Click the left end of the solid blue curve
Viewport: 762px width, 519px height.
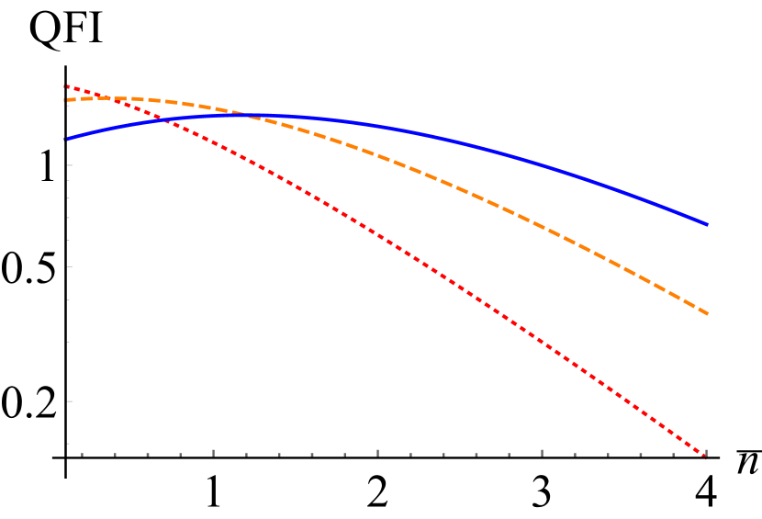click(x=67, y=139)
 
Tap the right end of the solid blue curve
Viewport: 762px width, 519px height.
click(x=707, y=223)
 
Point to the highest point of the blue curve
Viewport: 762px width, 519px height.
click(x=257, y=115)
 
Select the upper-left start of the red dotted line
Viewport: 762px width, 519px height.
click(x=66, y=86)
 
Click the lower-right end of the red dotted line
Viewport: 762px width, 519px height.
click(x=706, y=456)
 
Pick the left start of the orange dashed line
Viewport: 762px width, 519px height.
click(x=66, y=99)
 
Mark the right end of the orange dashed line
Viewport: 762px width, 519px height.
click(x=707, y=313)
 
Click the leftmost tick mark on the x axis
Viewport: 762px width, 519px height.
click(x=82, y=454)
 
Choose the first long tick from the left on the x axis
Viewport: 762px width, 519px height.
click(x=213, y=452)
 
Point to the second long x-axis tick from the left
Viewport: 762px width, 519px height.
click(x=377, y=452)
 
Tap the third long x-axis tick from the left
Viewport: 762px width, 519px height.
click(x=542, y=452)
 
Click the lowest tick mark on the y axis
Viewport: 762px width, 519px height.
click(x=68, y=444)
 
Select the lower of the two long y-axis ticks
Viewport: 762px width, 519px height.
click(x=69, y=401)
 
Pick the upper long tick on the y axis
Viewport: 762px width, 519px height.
click(x=69, y=165)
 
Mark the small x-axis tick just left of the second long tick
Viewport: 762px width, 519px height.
click(x=344, y=454)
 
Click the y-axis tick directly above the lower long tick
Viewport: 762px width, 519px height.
click(x=68, y=342)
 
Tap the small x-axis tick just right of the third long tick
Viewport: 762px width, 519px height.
click(x=575, y=454)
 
